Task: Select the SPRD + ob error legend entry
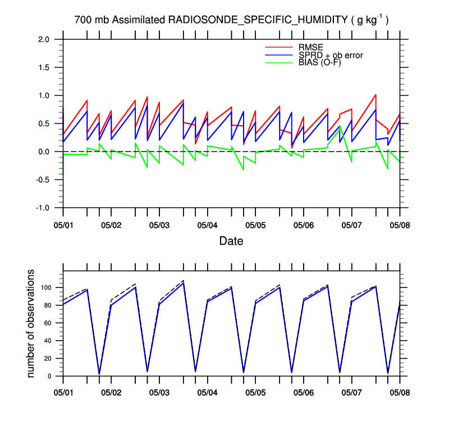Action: coord(331,55)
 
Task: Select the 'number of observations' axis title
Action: coord(32,323)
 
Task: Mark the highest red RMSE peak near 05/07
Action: coord(375,95)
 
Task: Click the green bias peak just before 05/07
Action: coord(340,126)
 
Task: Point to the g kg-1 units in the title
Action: coord(370,20)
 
